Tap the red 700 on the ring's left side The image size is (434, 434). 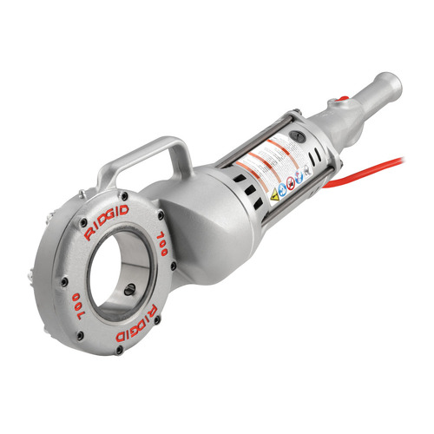tap(76, 306)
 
